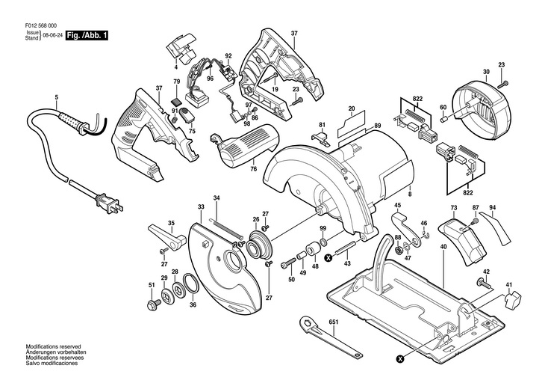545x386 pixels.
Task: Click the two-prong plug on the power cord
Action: pos(109,203)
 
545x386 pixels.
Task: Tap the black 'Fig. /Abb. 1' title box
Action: pos(87,36)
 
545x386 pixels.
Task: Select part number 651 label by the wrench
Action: pos(333,322)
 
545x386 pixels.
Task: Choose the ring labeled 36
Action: pos(191,284)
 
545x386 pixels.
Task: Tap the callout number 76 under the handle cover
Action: pos(254,169)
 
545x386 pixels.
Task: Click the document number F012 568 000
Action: pos(41,25)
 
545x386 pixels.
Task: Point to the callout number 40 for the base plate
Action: pos(443,247)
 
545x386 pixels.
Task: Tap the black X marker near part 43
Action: pos(328,258)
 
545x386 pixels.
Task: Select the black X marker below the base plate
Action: pos(401,358)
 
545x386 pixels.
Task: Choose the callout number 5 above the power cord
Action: pos(57,98)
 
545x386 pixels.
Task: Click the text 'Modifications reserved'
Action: pos(53,346)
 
